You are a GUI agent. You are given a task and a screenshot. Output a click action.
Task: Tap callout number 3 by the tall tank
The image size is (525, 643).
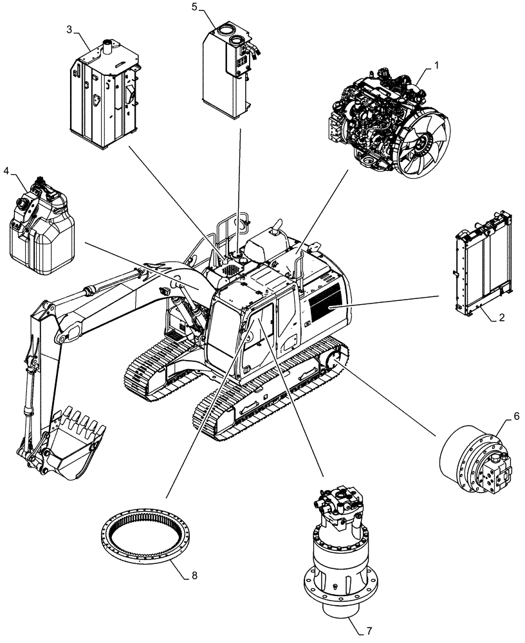click(x=69, y=29)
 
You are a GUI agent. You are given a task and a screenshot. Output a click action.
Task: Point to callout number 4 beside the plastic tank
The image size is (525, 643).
click(x=6, y=171)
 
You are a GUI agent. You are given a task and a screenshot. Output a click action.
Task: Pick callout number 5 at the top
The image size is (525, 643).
click(x=195, y=8)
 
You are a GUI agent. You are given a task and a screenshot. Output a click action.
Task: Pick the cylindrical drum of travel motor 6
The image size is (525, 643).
click(x=460, y=457)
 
